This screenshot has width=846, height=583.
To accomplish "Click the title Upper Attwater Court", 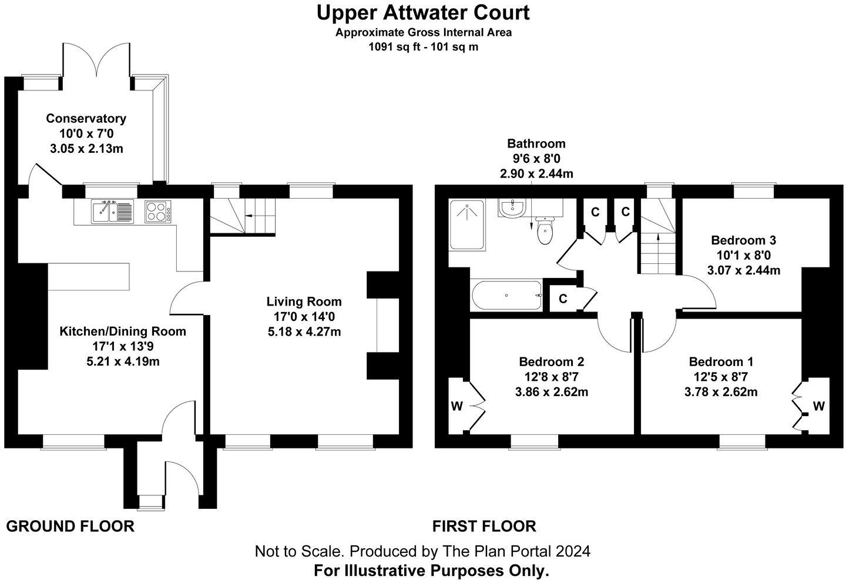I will (423, 12).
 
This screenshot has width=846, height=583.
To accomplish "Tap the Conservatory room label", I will (86, 119).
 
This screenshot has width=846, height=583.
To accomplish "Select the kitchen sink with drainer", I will (112, 212).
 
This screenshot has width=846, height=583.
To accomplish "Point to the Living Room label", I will (304, 302).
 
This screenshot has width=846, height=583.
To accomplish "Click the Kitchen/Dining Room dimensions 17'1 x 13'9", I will (122, 346).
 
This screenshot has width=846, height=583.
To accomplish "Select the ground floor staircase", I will (243, 216).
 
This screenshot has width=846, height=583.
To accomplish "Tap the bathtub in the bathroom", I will (506, 295).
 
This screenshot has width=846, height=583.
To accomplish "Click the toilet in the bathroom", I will (545, 230).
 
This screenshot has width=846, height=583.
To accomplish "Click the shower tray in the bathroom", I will (467, 225).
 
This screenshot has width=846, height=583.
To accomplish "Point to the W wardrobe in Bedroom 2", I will (457, 406).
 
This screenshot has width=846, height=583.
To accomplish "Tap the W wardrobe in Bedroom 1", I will (818, 406).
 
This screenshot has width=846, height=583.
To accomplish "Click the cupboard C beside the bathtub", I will (563, 299).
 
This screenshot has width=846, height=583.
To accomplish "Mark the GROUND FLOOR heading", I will (70, 526).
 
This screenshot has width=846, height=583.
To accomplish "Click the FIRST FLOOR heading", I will (484, 526).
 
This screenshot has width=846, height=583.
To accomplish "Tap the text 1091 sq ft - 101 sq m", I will (423, 47).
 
